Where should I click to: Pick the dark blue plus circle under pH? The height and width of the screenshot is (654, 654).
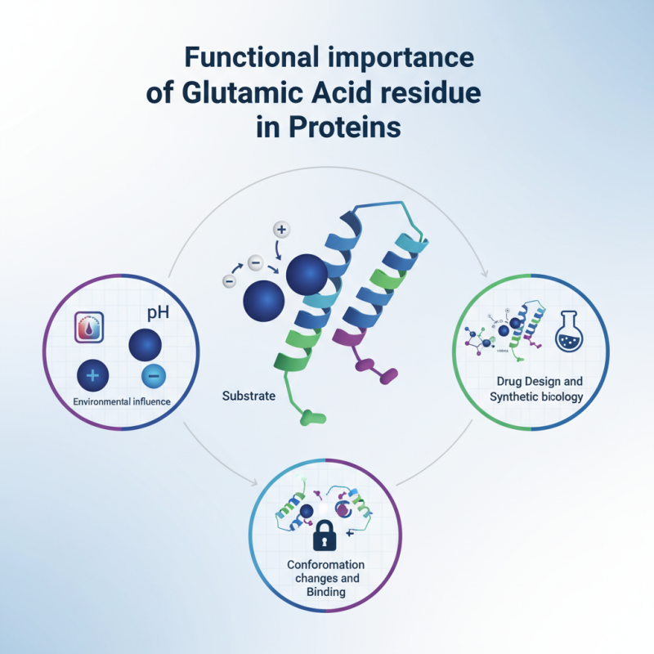click(92, 375)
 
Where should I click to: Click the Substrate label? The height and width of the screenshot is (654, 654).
click(249, 396)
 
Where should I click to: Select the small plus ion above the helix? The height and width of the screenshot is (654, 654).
click(281, 230)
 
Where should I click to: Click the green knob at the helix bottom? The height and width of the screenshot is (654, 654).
click(311, 419)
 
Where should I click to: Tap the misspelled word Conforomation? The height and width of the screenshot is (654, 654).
click(325, 565)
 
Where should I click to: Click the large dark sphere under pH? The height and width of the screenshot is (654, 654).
click(148, 345)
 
